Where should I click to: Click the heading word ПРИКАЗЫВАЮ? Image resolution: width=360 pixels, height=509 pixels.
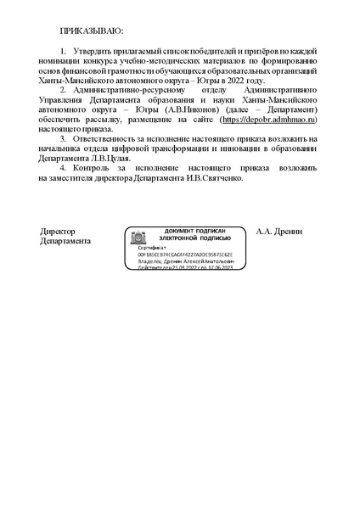pos(92,31)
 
